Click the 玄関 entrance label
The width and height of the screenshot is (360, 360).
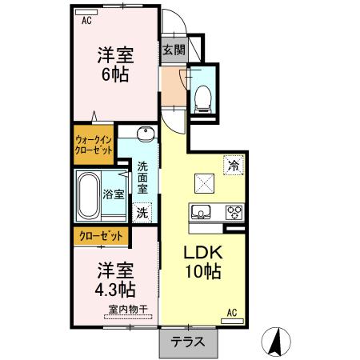click(174, 50)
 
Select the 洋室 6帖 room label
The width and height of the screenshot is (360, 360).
click(115, 63)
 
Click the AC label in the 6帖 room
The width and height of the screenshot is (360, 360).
click(86, 22)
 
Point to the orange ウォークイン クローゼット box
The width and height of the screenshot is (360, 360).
click(98, 145)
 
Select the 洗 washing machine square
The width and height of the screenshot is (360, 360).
click(142, 213)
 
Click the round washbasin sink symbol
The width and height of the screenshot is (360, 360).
click(143, 134)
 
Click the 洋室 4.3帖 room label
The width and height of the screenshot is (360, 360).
click(115, 278)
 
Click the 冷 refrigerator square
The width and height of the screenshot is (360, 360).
click(234, 166)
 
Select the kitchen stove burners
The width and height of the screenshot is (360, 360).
click(234, 212)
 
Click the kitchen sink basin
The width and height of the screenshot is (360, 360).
click(202, 212)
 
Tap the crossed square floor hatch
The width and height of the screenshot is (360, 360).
click(205, 183)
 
